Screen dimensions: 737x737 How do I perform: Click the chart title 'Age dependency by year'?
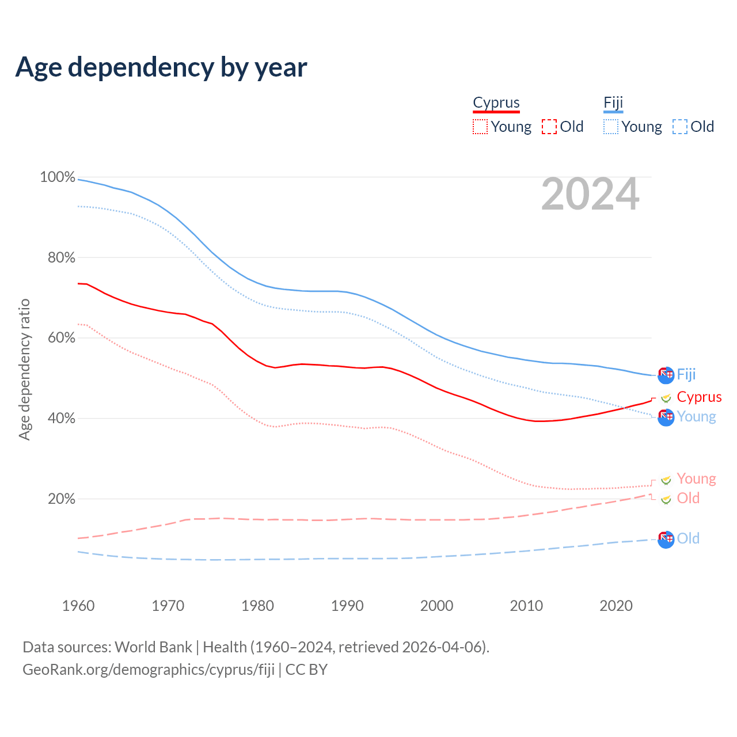(x=161, y=67)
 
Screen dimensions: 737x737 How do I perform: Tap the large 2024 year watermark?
(x=590, y=194)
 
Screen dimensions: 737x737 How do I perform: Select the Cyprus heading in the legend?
(x=496, y=102)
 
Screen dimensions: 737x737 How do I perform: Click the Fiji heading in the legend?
(x=613, y=102)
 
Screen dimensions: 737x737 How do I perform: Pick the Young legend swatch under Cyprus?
(x=480, y=127)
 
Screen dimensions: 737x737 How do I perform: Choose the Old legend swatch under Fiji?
(x=679, y=127)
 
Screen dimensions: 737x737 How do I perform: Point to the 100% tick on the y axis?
(x=58, y=177)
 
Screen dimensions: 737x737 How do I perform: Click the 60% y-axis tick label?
(x=61, y=338)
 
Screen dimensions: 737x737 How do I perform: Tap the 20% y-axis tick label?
(x=61, y=499)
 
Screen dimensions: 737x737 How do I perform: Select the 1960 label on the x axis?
(x=78, y=606)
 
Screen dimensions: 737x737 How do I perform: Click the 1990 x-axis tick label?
(x=347, y=606)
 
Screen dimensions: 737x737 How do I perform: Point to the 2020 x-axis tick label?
(x=616, y=606)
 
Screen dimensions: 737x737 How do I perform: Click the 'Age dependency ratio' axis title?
(x=24, y=369)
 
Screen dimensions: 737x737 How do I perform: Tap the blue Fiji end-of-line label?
(x=686, y=374)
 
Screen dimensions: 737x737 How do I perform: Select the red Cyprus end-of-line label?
(x=699, y=397)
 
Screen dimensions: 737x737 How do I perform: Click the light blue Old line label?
(x=688, y=538)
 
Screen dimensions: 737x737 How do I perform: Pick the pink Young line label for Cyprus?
(x=696, y=478)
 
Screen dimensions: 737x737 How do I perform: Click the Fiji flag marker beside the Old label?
(x=666, y=539)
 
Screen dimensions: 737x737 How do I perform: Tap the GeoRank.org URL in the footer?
(x=149, y=670)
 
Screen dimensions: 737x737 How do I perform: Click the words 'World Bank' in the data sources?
(x=153, y=647)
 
